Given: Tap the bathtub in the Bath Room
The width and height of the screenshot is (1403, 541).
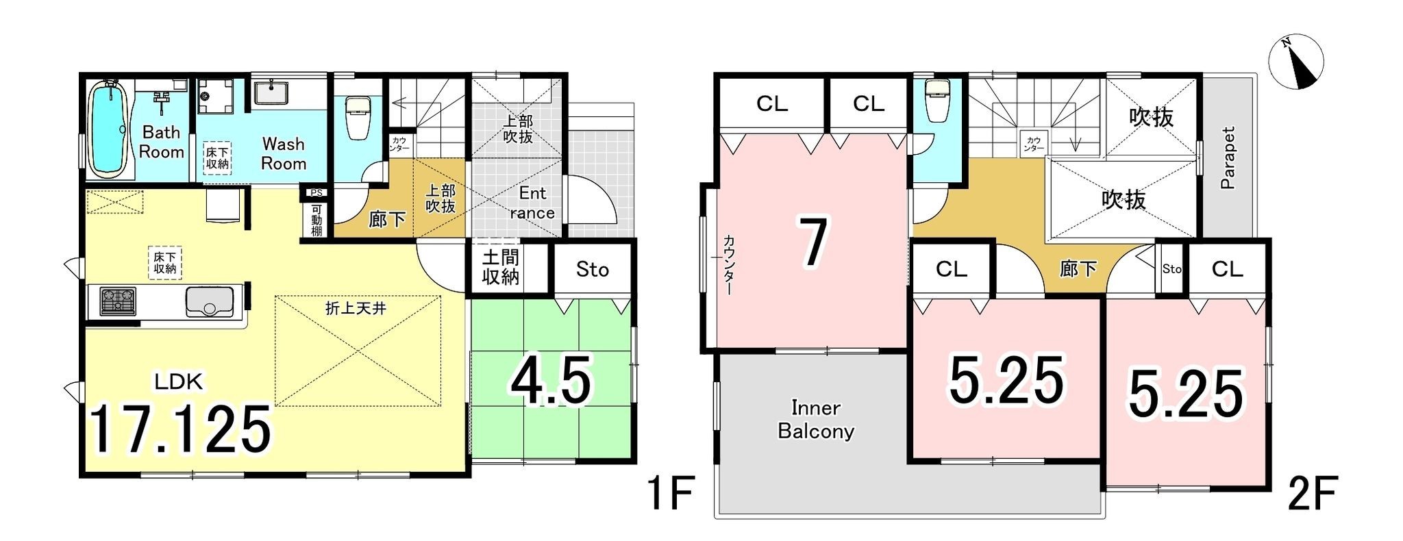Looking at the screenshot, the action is click(107, 129).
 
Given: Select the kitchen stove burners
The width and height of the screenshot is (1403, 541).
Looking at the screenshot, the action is click(118, 301).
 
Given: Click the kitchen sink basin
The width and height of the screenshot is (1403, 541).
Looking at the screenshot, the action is click(210, 301).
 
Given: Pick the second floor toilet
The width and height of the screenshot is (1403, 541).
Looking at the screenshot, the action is click(934, 99).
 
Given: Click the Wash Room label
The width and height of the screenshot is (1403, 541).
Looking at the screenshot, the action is click(283, 153).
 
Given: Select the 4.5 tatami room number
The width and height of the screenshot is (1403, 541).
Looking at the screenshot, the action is click(550, 382).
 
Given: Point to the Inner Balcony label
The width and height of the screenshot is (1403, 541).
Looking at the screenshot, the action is click(816, 419).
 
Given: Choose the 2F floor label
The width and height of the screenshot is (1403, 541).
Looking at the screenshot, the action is click(1313, 494).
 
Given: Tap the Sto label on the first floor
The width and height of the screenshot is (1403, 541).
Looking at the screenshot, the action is click(593, 270).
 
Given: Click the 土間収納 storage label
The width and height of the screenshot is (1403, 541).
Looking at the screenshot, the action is click(501, 268).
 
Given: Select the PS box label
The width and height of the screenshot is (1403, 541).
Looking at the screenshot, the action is click(316, 192).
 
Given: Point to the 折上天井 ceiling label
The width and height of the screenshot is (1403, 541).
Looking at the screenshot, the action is click(356, 308).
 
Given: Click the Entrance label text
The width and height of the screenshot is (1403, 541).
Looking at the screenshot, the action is click(532, 203).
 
